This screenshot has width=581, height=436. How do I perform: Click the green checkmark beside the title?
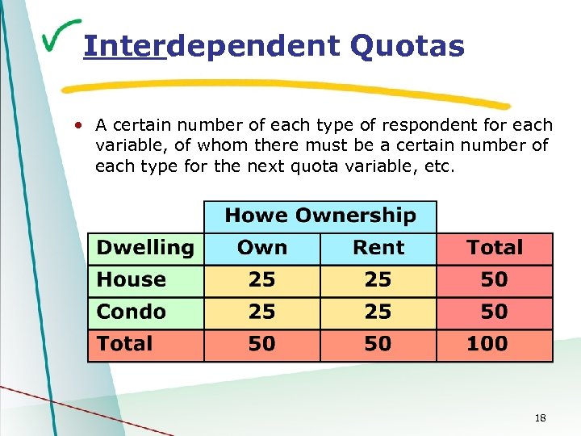point(60,35)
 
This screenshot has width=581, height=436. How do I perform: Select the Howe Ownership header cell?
point(320,216)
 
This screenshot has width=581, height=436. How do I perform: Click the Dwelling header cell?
point(145,248)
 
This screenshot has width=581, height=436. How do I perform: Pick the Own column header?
point(262,248)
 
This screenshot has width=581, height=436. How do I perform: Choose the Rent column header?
point(378,248)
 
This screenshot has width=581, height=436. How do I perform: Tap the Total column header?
point(494,248)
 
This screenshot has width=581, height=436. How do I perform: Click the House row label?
point(145,280)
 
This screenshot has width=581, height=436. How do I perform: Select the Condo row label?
point(145,312)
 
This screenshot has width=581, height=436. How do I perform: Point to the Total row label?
point(145,344)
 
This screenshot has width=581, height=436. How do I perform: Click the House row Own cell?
point(262,280)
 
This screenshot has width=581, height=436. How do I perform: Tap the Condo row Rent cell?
point(378,312)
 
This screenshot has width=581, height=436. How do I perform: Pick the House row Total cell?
point(494,280)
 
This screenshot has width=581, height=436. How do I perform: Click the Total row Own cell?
point(262,344)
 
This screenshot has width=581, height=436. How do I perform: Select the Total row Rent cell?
point(378,344)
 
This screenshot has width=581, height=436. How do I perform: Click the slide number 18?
point(541,417)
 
